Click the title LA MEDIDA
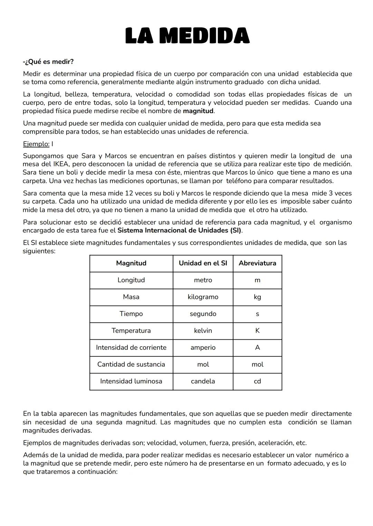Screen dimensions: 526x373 coord(187,36)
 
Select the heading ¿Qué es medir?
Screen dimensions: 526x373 coord(48,62)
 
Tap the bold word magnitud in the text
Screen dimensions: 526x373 coord(198,111)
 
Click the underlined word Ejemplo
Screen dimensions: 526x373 coord(36,144)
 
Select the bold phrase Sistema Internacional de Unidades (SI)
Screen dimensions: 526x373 coord(179,230)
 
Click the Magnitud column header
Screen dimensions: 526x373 coord(131,263)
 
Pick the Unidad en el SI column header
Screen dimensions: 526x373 coord(203,263)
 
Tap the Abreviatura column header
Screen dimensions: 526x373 coord(257,263)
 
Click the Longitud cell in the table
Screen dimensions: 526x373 coord(131,280)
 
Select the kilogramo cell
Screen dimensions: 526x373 coord(203,297)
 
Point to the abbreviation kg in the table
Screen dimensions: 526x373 coord(257,297)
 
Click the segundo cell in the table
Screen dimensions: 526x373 coord(203,314)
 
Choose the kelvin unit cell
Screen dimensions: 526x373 coord(203,331)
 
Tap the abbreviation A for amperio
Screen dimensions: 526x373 coord(257,348)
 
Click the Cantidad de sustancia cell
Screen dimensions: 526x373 coord(131,365)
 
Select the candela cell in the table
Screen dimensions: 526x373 coord(203,381)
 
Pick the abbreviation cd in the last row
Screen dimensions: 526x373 coord(257,381)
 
